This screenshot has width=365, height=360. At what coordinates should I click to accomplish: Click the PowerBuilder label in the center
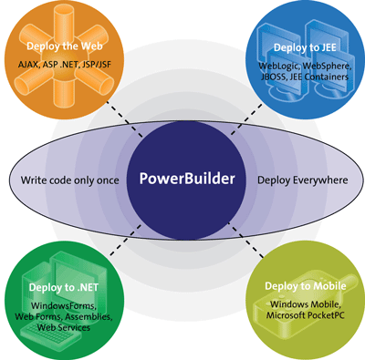click(187, 178)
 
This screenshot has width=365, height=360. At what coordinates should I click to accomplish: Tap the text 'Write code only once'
click(70, 180)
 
